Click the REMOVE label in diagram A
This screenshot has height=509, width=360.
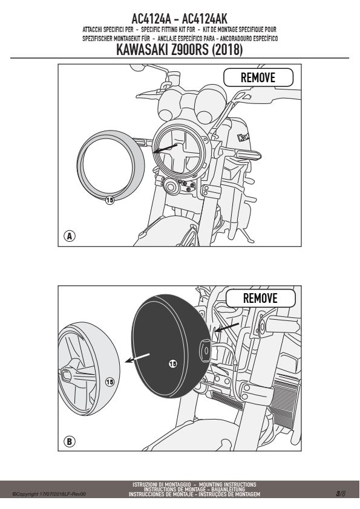point(258,77)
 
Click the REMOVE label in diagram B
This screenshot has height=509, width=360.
point(260,298)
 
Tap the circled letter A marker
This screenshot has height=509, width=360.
point(69,236)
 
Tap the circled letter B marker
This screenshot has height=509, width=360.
point(69,441)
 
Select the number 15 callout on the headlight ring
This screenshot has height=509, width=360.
point(110,200)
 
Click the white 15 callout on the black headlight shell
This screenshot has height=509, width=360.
point(173,364)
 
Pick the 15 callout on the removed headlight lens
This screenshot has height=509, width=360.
point(110,382)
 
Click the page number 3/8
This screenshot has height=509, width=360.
point(341,494)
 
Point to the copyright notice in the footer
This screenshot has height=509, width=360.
point(49,494)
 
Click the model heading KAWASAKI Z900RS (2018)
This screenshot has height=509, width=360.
point(179,50)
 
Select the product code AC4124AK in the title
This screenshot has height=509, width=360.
point(205,19)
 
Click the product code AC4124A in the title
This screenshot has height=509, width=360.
point(151,19)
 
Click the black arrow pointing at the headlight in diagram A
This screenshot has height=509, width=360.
point(165,148)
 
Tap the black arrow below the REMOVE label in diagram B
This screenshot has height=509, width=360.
point(227,327)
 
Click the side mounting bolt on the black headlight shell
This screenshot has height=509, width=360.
point(205,350)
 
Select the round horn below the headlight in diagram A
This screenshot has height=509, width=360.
point(170,186)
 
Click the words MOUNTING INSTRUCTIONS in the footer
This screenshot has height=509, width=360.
point(227,485)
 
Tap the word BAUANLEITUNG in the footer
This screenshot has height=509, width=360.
point(229,489)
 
